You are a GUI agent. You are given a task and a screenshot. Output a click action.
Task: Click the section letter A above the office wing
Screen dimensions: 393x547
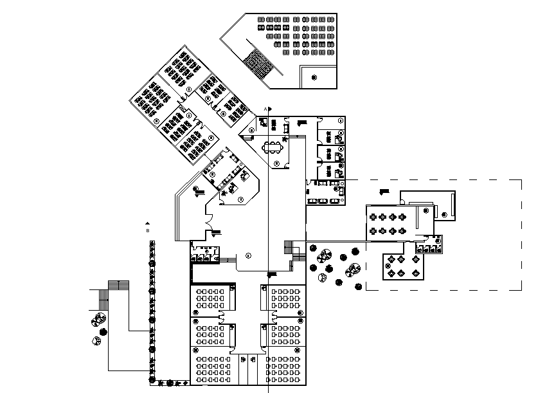265,110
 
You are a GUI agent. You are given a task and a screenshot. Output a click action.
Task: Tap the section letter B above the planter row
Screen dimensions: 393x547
147,229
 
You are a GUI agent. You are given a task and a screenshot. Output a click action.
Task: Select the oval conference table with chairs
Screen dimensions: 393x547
276,147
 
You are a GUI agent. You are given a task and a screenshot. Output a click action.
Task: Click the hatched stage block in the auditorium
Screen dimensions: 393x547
259,64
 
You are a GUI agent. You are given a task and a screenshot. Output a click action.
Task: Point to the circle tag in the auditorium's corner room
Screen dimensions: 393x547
314,77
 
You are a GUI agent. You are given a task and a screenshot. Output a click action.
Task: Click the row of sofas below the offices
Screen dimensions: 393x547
326,201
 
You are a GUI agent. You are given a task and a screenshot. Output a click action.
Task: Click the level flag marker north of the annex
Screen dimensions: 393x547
384,190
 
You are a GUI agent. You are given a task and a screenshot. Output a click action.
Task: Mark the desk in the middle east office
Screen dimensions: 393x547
337,155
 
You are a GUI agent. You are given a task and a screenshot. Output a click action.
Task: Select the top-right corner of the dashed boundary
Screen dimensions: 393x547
521,179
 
